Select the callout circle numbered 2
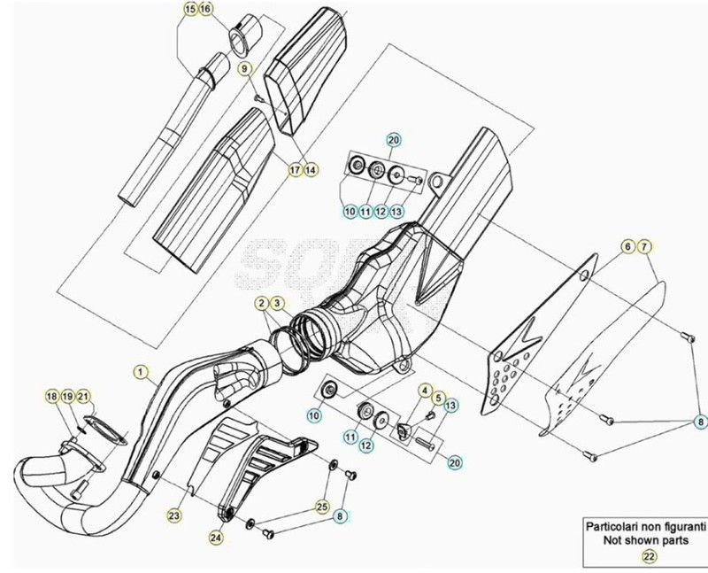coord(263,304)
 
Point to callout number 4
coord(425,391)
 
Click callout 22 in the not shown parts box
coord(649,556)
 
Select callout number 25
coord(321,505)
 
